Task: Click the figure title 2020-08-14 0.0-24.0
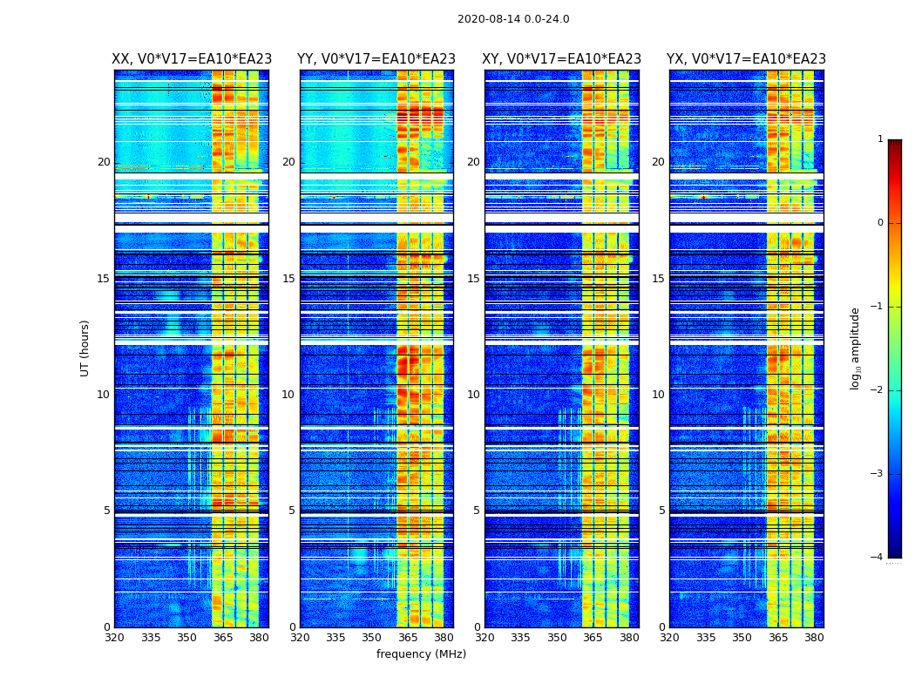[x=513, y=19]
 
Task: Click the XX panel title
[x=192, y=59]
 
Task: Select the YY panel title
[x=376, y=59]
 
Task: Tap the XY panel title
[x=562, y=59]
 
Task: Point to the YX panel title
[x=746, y=59]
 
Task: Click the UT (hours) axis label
[x=85, y=348]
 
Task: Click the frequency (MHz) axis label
[x=421, y=654]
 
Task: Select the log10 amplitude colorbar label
[x=856, y=348]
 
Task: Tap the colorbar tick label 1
[x=879, y=139]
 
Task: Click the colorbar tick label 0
[x=879, y=223]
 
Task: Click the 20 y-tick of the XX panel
[x=104, y=162]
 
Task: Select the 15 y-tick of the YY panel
[x=288, y=279]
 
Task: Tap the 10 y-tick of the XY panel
[x=473, y=395]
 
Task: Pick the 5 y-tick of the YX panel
[x=661, y=511]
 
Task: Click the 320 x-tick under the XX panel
[x=114, y=638]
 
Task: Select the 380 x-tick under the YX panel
[x=814, y=638]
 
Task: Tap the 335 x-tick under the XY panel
[x=520, y=638]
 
